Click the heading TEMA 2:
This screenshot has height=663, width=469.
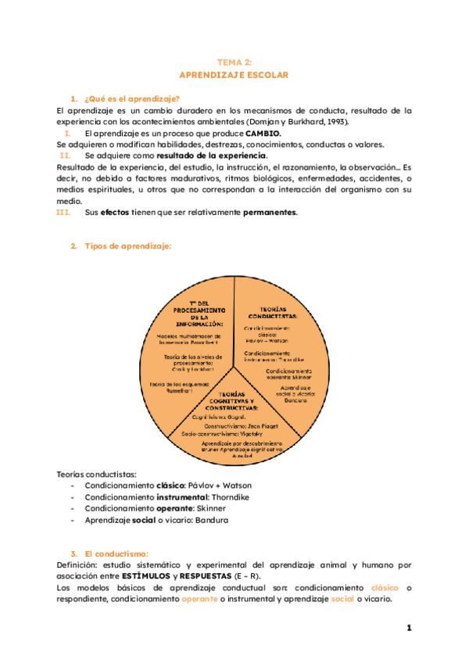[x=234, y=62]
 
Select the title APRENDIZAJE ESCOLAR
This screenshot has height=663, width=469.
[x=234, y=75]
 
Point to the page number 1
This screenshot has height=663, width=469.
[x=409, y=628]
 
